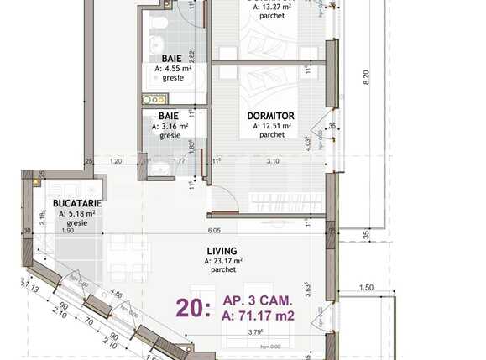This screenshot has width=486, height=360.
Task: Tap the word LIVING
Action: [222, 250]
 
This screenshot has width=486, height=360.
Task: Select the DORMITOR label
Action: [269, 117]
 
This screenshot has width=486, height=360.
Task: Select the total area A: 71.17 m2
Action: [259, 316]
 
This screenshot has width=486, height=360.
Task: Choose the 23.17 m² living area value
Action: [226, 261]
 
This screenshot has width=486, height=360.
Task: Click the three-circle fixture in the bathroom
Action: [157, 100]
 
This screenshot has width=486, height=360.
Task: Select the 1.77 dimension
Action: [178, 160]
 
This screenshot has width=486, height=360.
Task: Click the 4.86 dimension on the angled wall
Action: [117, 295]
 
